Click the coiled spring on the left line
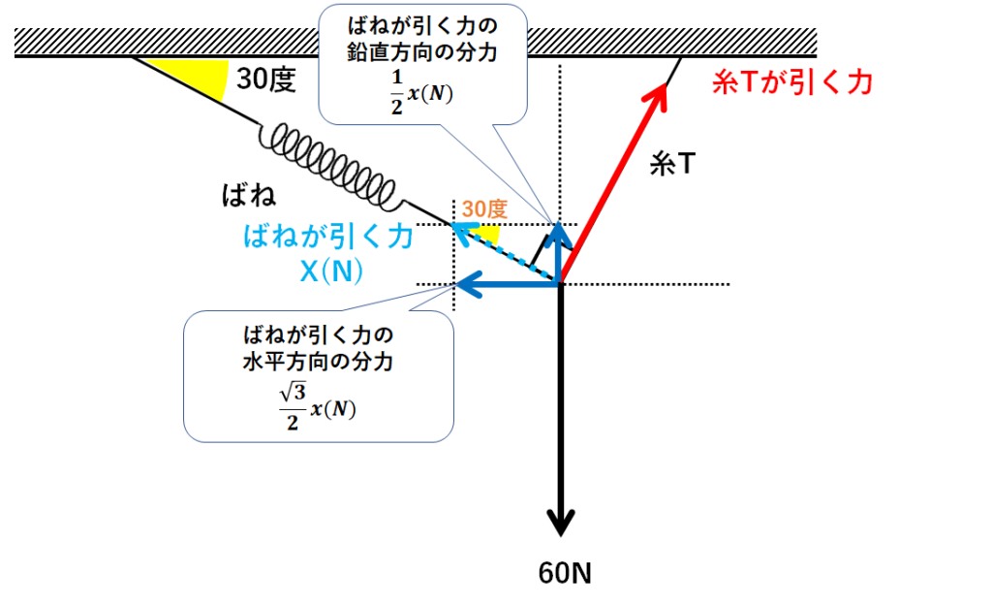point(330,165)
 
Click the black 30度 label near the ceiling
point(265,79)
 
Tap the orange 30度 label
point(483,208)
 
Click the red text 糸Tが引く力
point(792,83)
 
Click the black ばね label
point(249,197)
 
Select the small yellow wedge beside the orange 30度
point(490,235)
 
